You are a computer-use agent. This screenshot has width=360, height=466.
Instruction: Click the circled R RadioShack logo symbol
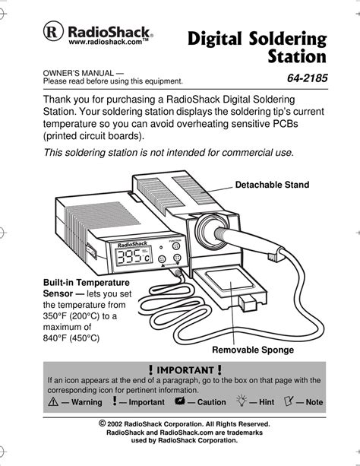[53, 31]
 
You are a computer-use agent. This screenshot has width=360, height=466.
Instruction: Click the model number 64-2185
[307, 78]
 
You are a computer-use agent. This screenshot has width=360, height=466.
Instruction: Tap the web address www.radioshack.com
[105, 42]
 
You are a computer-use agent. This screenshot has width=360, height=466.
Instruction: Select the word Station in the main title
[297, 56]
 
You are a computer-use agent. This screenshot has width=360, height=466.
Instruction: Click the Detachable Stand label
[272, 185]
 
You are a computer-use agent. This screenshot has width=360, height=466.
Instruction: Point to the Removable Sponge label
[253, 350]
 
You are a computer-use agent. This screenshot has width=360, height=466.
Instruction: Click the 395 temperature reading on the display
[128, 256]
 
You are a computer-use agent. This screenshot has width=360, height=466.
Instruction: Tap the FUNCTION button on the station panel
[176, 246]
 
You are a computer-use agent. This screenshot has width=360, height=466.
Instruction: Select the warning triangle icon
[53, 402]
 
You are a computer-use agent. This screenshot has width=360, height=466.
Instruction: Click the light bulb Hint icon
[242, 401]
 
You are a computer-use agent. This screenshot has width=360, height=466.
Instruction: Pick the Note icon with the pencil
[289, 401]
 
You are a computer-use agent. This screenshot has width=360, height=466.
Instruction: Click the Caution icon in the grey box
[180, 401]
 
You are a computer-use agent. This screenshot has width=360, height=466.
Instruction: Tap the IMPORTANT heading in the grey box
[185, 370]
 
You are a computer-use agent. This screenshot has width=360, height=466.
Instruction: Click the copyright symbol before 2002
[103, 423]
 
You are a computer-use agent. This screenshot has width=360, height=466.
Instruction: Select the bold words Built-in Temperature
[87, 282]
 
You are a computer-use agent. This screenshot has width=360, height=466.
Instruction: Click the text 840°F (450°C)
[71, 338]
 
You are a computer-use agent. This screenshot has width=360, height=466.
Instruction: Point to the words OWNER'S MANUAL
[78, 73]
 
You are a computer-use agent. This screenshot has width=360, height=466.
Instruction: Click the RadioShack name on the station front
[132, 245]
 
